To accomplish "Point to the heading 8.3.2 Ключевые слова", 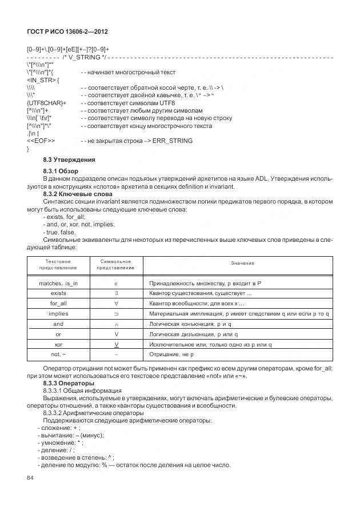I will coord(75,194).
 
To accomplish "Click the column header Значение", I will coord(242,263).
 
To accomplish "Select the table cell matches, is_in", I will coord(58,283).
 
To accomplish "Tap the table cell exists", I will coord(58,293).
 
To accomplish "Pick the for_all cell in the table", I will coord(58,304).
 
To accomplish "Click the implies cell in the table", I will coord(58,314).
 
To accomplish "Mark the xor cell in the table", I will coord(58,345).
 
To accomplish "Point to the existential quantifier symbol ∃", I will coord(116,293).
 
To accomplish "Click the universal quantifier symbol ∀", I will coord(116,304).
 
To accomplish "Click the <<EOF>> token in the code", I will coord(41,141).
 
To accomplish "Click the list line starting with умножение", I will coord(60,443).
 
